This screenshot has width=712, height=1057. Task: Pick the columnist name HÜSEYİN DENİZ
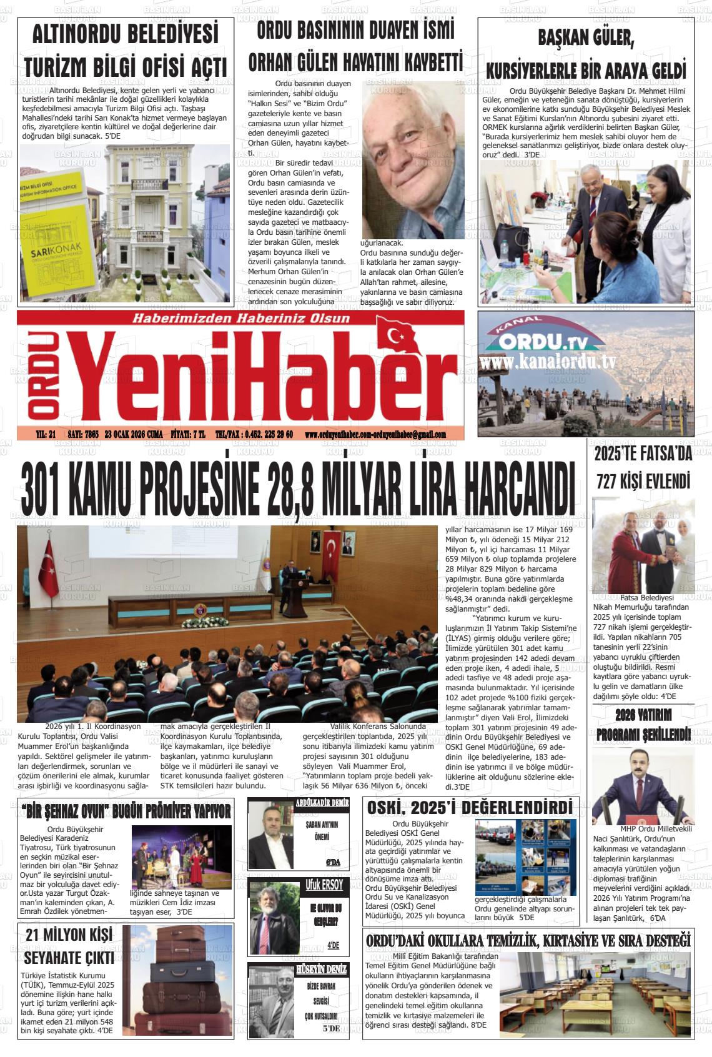(321, 970)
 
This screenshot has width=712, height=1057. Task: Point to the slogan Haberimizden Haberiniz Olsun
(240, 319)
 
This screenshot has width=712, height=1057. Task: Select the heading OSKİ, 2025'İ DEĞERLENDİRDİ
(470, 808)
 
